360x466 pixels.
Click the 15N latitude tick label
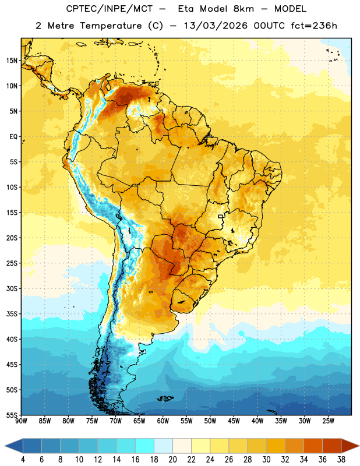12,61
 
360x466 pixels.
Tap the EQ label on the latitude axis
13,137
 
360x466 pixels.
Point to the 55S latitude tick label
12,415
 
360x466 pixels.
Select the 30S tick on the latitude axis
12,288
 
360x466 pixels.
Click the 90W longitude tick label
21,421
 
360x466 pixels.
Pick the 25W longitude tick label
328,421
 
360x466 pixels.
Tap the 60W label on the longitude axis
163,421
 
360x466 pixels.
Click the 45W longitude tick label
234,421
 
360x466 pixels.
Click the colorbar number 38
341,460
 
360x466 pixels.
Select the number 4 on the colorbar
23,460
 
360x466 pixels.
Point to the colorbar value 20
172,460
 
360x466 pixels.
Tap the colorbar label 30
266,460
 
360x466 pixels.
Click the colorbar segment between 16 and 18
145,446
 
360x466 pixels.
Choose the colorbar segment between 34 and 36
313,446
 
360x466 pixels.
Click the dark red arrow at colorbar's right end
350,446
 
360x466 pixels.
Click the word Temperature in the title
111,26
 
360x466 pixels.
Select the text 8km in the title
243,9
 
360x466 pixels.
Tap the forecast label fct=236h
314,26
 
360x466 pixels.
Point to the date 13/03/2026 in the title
216,26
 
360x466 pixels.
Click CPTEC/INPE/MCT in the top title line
110,9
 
